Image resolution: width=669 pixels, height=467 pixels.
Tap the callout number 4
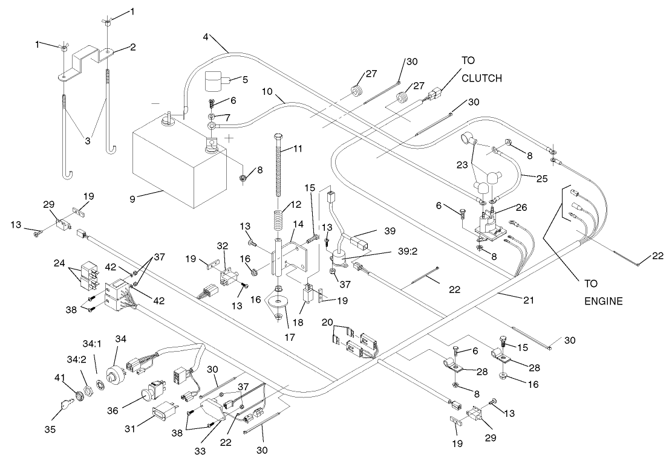(x=206, y=37)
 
